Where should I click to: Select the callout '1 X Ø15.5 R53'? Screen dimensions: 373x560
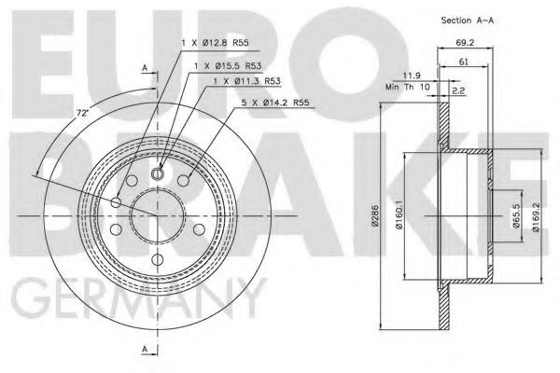click(229, 66)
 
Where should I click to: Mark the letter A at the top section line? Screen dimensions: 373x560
click(145, 68)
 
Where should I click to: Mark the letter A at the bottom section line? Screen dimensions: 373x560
click(145, 350)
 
